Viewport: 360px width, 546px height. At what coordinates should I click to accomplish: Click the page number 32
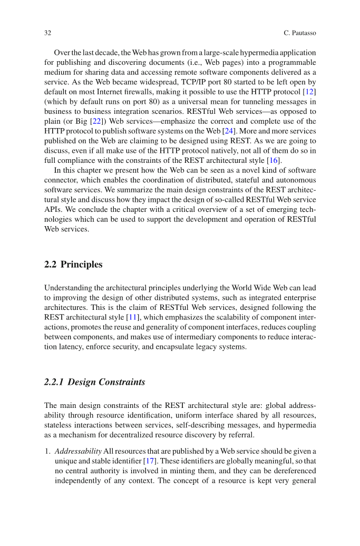(47, 33)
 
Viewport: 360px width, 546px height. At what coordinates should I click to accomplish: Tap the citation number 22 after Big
(96, 121)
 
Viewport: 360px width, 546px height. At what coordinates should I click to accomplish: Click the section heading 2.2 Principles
(74, 265)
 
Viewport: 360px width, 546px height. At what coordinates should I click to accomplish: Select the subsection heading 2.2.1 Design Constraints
(95, 382)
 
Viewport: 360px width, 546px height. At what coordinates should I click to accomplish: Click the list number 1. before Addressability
(47, 441)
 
